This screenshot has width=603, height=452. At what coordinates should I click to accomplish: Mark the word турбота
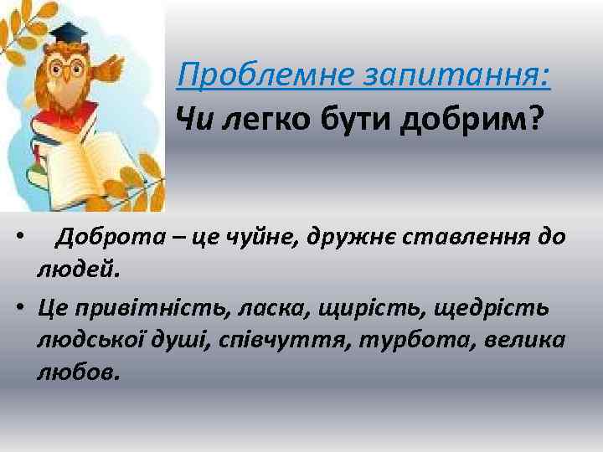click(x=428, y=340)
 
